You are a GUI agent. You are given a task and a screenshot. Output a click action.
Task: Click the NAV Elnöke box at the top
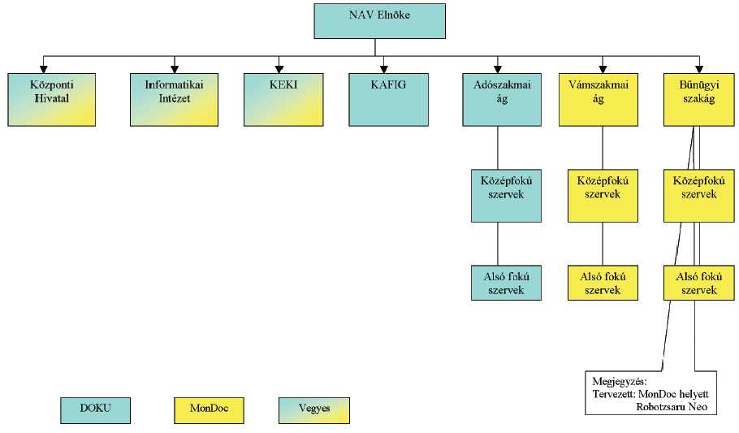point(379,21)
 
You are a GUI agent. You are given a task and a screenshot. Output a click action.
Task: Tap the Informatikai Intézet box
point(174,98)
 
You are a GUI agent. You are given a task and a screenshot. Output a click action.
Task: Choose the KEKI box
point(279,98)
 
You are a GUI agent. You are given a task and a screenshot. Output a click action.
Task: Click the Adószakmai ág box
point(506,98)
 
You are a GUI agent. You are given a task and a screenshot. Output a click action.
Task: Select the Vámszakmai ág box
point(602,98)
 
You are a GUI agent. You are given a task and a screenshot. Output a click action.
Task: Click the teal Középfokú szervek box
point(506,195)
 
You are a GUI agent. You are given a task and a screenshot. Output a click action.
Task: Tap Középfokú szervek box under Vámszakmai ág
point(602,195)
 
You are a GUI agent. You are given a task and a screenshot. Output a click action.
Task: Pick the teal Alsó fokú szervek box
point(506,283)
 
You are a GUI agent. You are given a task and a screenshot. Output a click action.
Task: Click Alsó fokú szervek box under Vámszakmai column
point(602,283)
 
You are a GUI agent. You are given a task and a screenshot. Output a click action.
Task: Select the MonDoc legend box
point(210,409)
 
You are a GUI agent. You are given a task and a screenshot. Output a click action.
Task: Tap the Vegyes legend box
point(313,409)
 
